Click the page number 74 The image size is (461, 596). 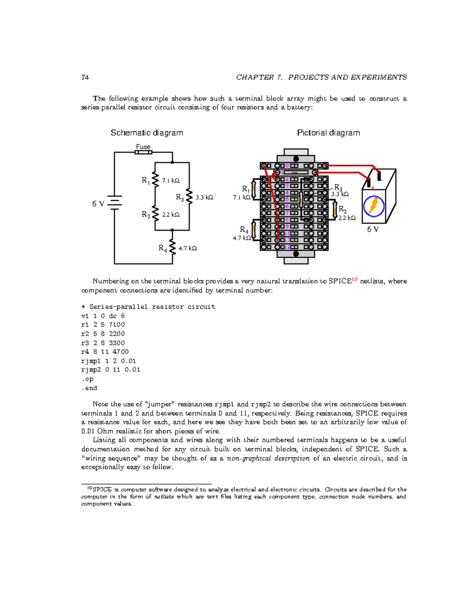point(85,77)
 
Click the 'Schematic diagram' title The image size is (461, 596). point(147,133)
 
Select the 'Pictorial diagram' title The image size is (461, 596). point(328,133)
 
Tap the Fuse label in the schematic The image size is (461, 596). point(143,147)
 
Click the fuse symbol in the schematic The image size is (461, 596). point(143,152)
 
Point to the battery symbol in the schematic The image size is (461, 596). point(114,203)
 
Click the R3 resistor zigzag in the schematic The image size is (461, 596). point(189,196)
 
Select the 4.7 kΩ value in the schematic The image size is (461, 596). point(188,248)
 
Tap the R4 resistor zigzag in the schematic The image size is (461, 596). point(172,248)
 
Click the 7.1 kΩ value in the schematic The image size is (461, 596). point(171,180)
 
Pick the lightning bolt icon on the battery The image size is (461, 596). point(373,206)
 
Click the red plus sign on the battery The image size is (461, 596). point(373,188)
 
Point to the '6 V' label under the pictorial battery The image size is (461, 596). point(373,229)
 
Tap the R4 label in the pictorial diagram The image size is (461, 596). point(244,230)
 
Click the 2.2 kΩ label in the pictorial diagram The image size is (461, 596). point(347,218)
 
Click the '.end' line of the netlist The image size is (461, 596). point(89,388)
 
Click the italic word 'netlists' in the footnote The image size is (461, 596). point(164,497)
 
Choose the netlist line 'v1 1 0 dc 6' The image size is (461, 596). point(103,316)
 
